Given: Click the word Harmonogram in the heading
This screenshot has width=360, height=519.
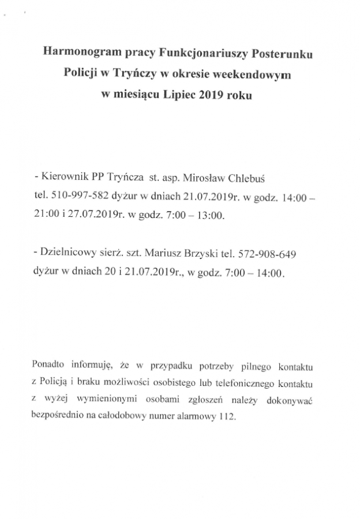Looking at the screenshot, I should point(81,54).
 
